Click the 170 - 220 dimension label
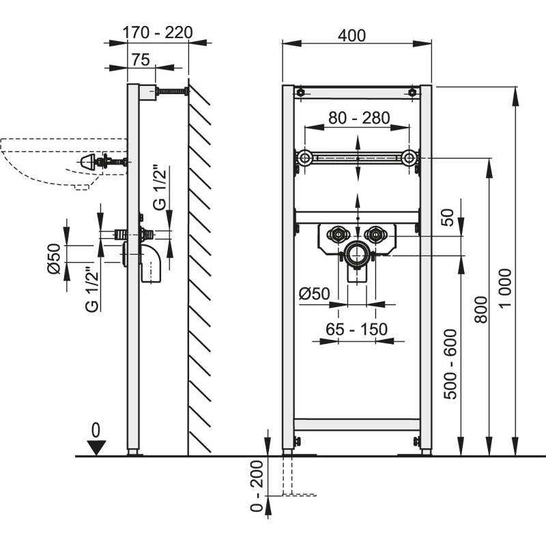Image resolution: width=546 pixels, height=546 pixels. pyautogui.click(x=157, y=32)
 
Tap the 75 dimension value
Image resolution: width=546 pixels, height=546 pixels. pyautogui.click(x=141, y=59)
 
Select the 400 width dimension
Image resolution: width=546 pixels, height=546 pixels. pyautogui.click(x=353, y=35)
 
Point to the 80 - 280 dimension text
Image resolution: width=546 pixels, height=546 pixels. pyautogui.click(x=359, y=118)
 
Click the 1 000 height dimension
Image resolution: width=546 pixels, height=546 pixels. pyautogui.click(x=506, y=287)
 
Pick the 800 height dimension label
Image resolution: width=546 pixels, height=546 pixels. pyautogui.click(x=480, y=310)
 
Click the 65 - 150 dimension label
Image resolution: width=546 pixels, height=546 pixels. pyautogui.click(x=356, y=330)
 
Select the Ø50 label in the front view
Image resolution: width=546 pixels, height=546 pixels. pyautogui.click(x=315, y=293)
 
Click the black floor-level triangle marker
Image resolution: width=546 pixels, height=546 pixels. pyautogui.click(x=96, y=448)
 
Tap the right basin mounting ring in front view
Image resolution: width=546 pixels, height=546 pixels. pyautogui.click(x=409, y=158)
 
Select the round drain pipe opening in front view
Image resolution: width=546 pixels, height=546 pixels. pyautogui.click(x=356, y=255)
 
